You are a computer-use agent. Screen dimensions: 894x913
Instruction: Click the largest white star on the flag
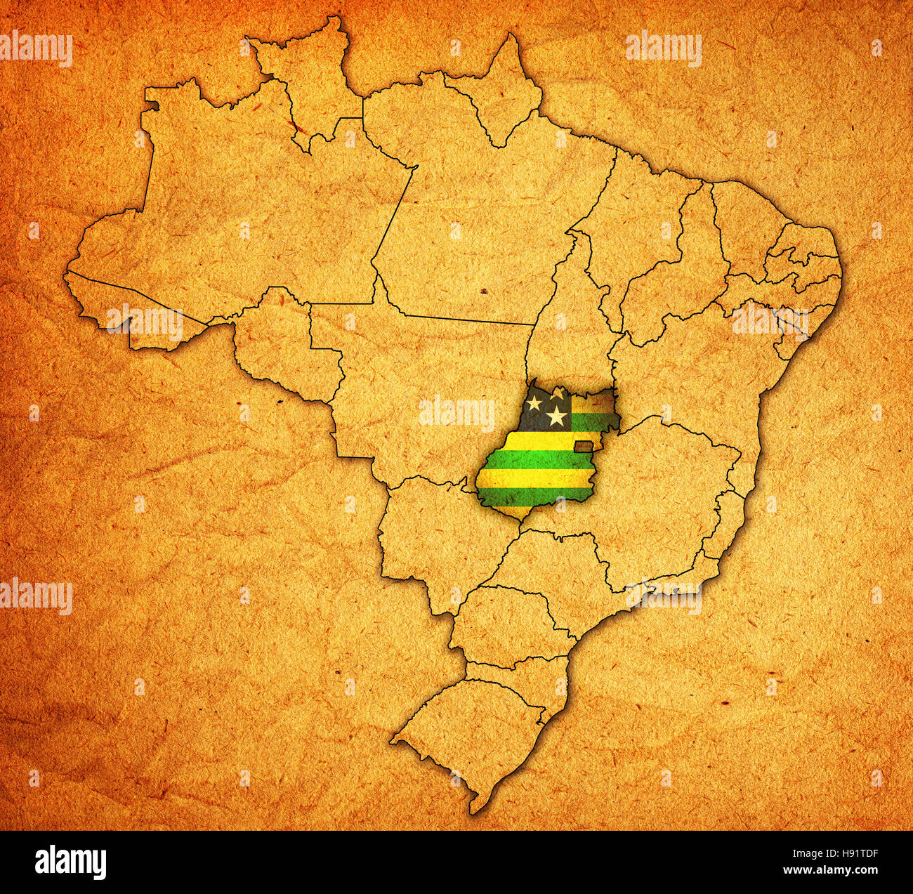(x=557, y=416)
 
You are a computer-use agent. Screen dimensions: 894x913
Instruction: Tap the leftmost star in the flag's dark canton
(x=534, y=403)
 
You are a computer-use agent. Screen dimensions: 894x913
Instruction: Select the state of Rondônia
(x=281, y=344)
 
